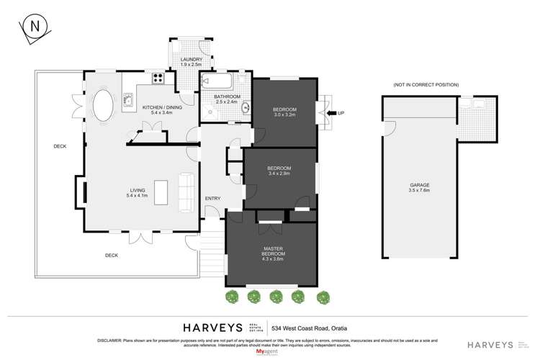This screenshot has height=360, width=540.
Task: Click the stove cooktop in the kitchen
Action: pos(158,79)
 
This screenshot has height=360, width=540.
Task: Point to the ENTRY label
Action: pos(212,199)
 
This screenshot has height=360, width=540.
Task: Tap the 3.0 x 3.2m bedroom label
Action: pos(284,112)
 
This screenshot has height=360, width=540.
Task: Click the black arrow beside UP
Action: pos(333,113)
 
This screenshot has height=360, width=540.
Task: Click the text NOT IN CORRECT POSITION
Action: pos(426,85)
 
